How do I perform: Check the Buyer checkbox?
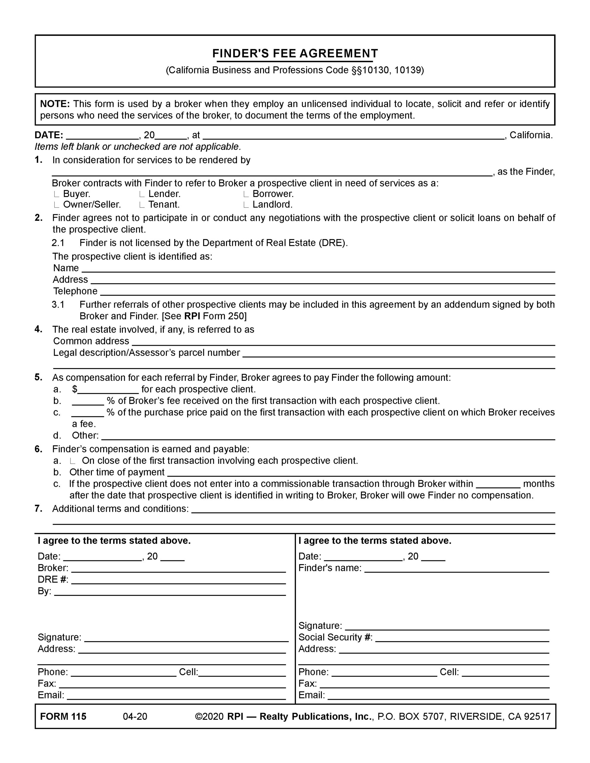[x=57, y=194]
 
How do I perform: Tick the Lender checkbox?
[x=142, y=194]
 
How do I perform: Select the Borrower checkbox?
[x=246, y=194]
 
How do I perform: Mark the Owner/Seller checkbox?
[x=57, y=205]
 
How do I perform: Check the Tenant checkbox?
[x=142, y=205]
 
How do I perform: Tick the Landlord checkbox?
[x=246, y=205]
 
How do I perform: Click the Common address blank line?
[x=343, y=342]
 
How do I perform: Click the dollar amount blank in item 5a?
[x=108, y=390]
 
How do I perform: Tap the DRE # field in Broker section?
[x=178, y=580]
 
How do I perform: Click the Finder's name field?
[x=456, y=568]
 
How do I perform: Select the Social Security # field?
[x=462, y=638]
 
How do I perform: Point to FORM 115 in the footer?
[x=63, y=717]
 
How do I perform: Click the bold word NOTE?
[x=55, y=104]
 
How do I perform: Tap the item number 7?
[x=38, y=509]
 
